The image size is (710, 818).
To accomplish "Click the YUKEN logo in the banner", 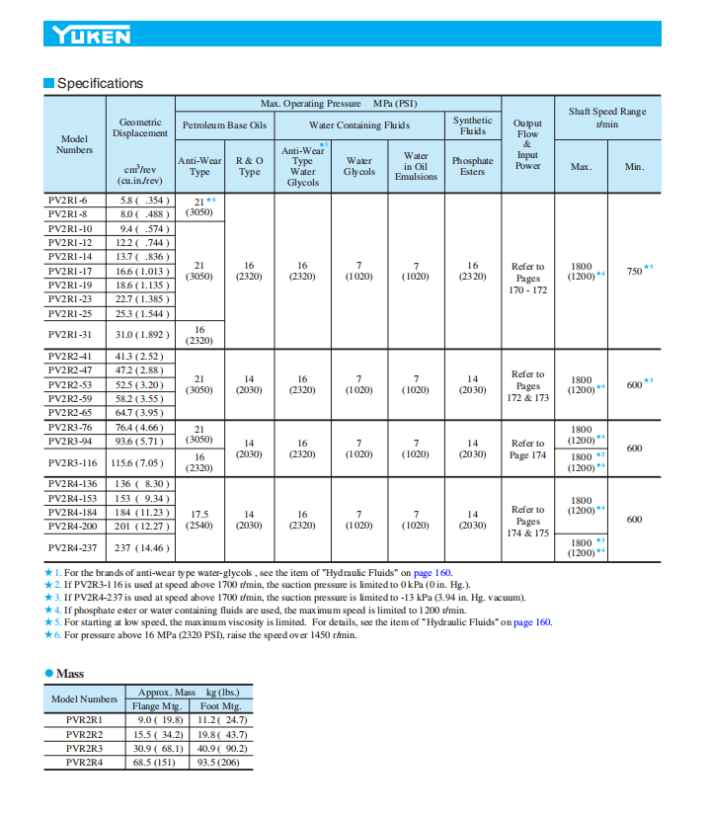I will (x=91, y=36).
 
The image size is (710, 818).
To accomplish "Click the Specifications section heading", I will (x=100, y=83).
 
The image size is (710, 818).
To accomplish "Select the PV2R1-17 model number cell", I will (x=70, y=271).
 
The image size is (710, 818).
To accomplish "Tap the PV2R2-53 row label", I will (x=70, y=384).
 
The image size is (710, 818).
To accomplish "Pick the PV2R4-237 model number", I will (x=73, y=547).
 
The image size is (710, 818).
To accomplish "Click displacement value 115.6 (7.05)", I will (x=138, y=462).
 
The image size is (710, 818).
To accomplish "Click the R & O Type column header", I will (x=250, y=166).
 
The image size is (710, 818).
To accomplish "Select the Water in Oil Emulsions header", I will (x=416, y=166).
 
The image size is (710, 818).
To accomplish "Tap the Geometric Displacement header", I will (x=139, y=127).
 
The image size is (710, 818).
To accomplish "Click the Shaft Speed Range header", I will (x=606, y=118).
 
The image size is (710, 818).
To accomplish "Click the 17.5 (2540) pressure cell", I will (x=199, y=521).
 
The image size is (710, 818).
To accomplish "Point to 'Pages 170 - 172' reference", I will (x=527, y=279).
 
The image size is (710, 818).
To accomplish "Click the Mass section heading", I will (x=70, y=673).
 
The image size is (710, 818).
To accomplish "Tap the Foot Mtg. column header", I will (x=220, y=706).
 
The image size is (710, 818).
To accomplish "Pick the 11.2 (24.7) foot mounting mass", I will (x=221, y=720).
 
